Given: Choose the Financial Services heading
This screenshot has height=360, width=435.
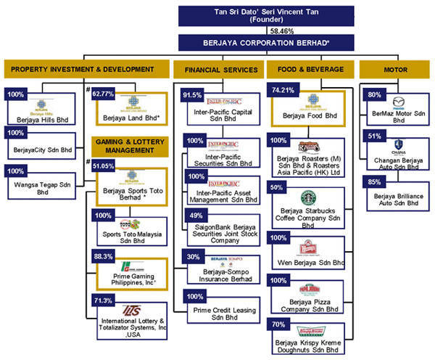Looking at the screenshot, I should pyautogui.click(x=216, y=70).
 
